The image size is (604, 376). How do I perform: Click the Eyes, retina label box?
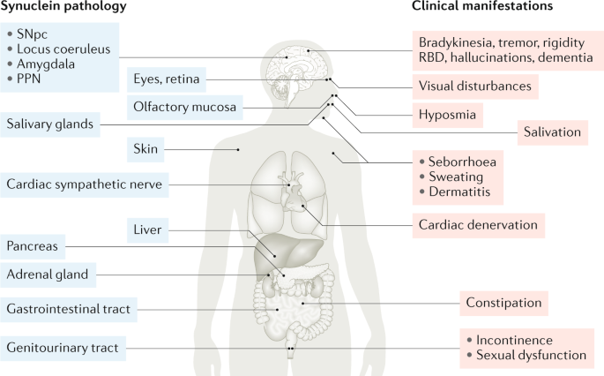(166, 79)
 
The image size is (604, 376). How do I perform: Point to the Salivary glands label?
(49, 124)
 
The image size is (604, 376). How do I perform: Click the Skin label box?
(145, 149)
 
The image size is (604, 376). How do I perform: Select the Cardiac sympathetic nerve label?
(86, 184)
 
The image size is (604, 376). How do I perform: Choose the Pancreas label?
(34, 246)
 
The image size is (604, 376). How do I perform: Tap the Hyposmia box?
(446, 114)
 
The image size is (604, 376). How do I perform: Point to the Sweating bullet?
(456, 177)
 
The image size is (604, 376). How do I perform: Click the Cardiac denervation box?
(477, 224)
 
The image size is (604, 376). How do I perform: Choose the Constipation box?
(503, 303)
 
